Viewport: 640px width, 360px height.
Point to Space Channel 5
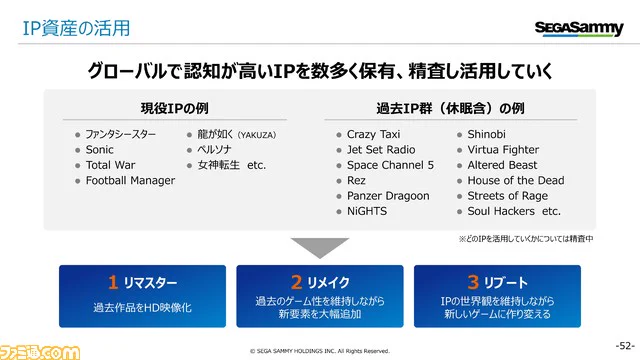[390, 165]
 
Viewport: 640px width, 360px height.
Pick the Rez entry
[358, 181]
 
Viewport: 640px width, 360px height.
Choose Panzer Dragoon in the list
[388, 196]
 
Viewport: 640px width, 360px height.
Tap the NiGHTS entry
[368, 211]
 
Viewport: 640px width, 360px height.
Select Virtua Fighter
[503, 150]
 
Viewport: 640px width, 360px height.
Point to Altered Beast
[502, 165]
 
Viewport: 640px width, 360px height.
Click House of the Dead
[516, 181]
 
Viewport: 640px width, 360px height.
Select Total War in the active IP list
[110, 165]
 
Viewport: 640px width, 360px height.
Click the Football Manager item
[130, 181]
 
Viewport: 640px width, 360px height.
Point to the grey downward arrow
[319, 248]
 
